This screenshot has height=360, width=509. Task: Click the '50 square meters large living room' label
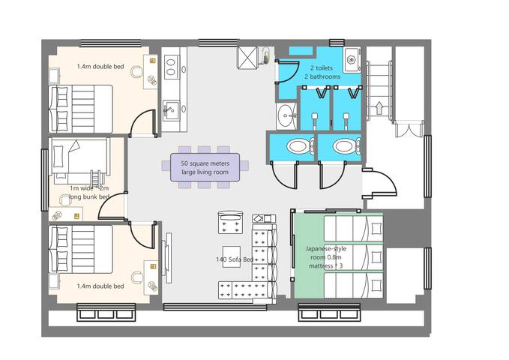(205, 167)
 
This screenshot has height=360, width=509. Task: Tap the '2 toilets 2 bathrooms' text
(322, 71)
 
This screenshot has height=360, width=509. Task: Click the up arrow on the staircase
(378, 105)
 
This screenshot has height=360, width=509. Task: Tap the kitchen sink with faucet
(170, 109)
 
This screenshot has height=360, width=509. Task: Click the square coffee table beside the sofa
(231, 253)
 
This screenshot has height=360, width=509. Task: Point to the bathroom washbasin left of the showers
(286, 114)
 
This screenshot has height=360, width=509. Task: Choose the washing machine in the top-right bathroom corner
(351, 58)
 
